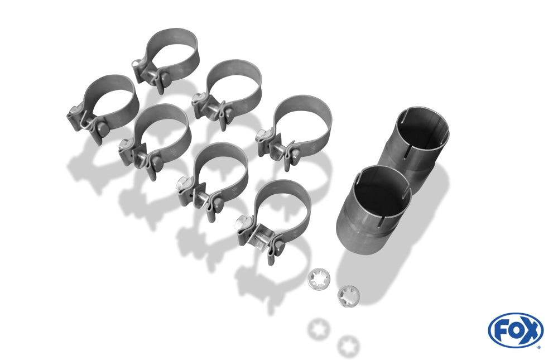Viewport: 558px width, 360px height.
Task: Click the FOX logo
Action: tap(516, 330)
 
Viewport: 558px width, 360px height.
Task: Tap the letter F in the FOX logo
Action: tap(503, 331)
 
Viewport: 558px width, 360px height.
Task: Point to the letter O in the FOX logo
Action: tap(516, 331)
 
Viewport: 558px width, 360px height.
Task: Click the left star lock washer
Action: tap(319, 279)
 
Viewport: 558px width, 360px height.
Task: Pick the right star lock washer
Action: tap(348, 296)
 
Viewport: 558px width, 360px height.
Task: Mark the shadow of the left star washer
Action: tap(319, 329)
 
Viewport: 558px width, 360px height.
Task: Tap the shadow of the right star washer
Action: tap(348, 346)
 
